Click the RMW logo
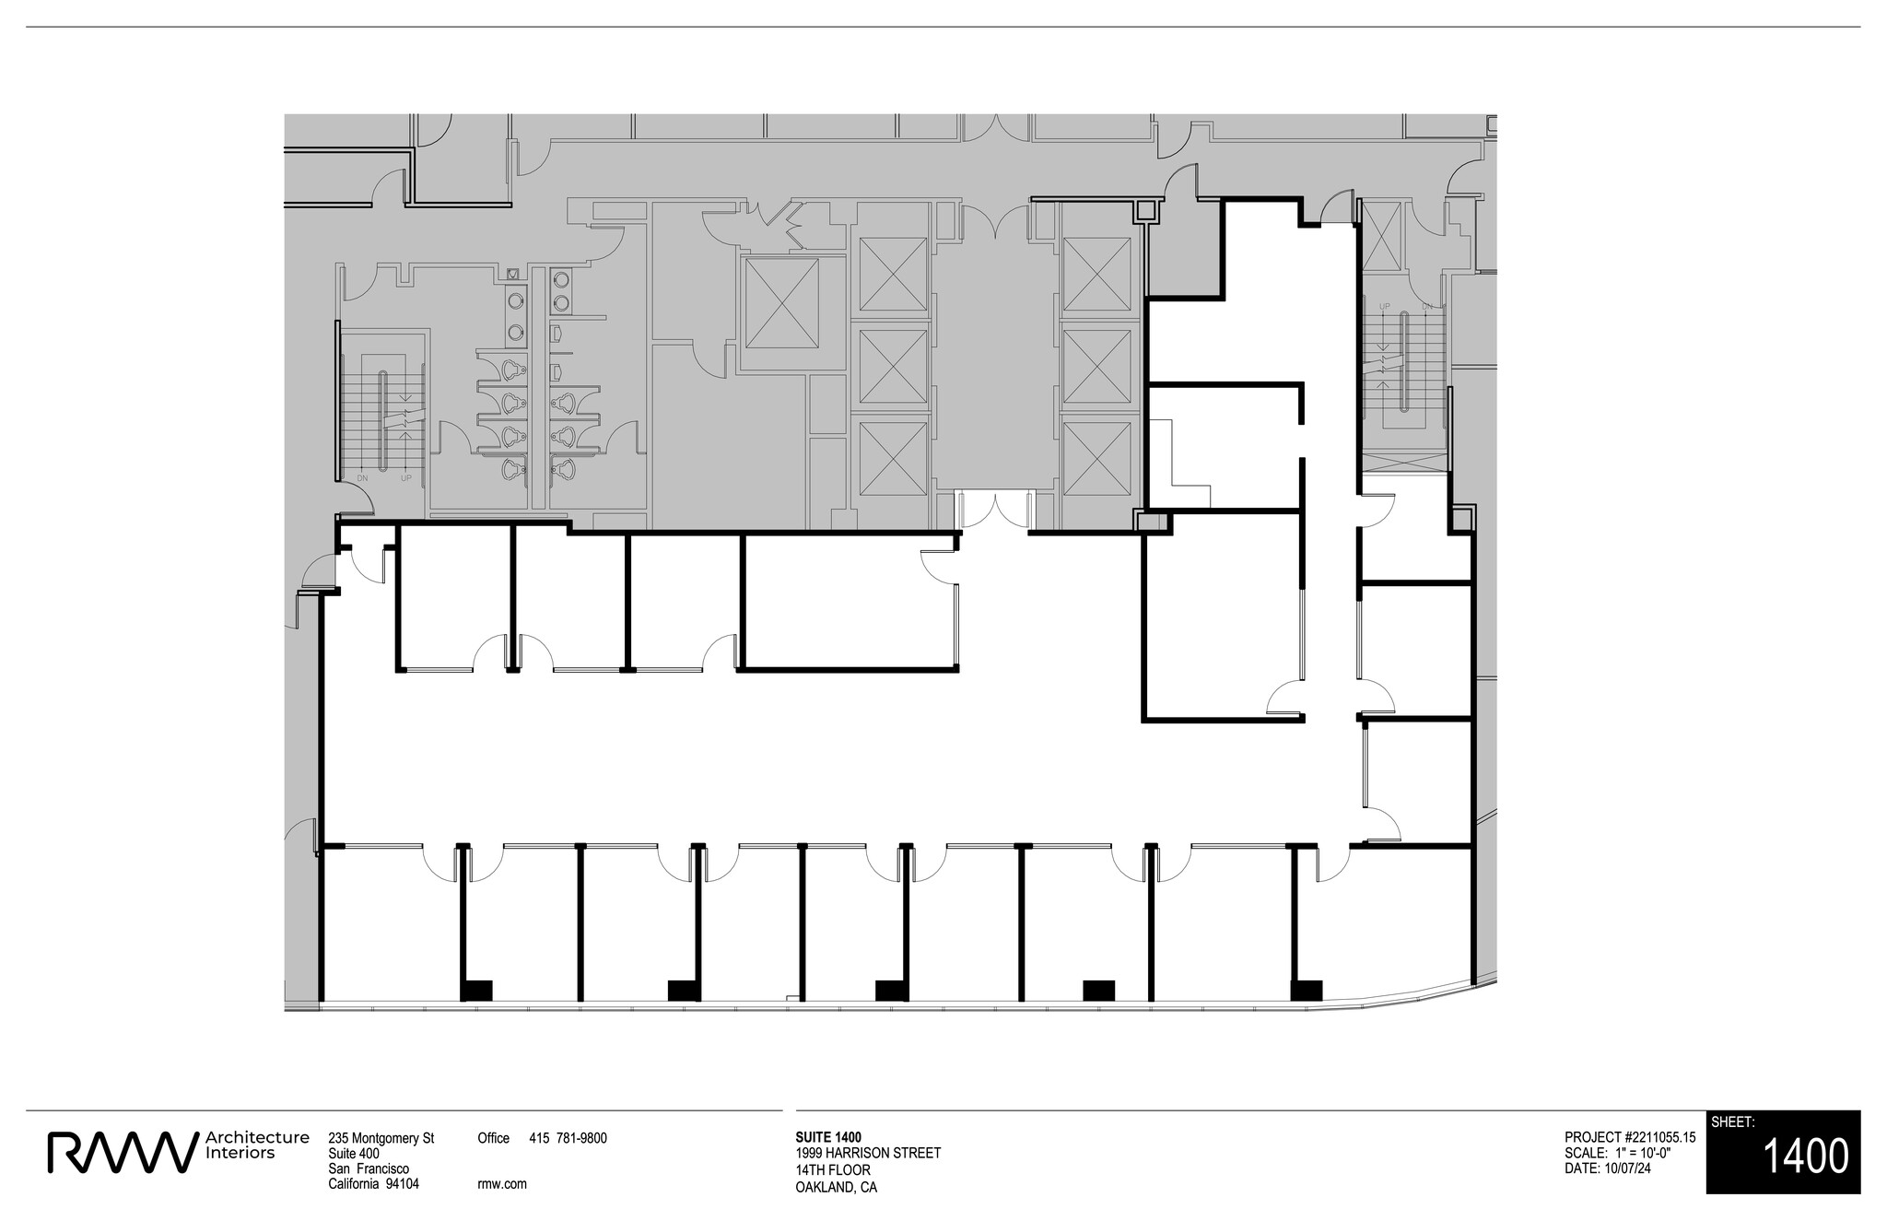[123, 1153]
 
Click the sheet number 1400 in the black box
[1805, 1156]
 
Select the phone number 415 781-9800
[568, 1138]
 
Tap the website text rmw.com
[502, 1184]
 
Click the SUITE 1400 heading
[828, 1137]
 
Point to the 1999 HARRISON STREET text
[868, 1153]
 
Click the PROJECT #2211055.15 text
[1629, 1138]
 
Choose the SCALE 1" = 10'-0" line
[1617, 1154]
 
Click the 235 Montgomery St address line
[381, 1138]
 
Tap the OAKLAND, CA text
[836, 1187]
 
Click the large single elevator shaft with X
[781, 304]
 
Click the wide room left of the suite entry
[848, 604]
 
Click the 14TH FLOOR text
[832, 1170]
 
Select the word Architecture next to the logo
[258, 1137]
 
